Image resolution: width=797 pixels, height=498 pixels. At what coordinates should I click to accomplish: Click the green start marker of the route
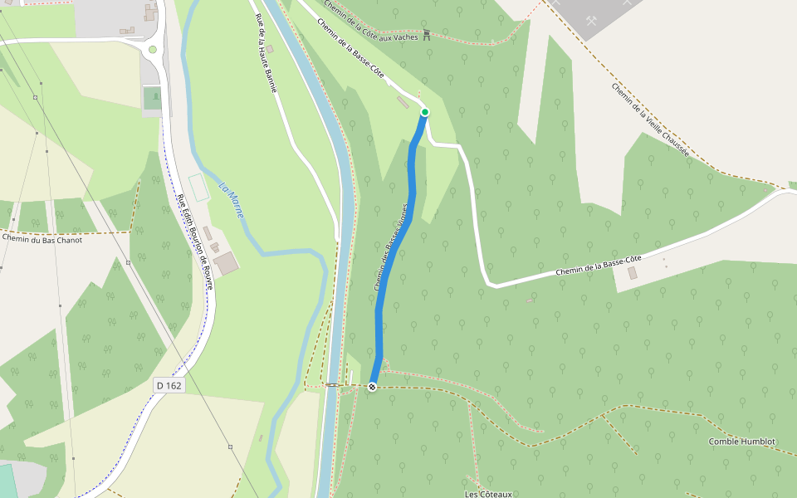pos(425,112)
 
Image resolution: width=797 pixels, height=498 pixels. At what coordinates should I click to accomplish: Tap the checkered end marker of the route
pos(372,387)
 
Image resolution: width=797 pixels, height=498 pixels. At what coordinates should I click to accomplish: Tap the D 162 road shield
pos(169,386)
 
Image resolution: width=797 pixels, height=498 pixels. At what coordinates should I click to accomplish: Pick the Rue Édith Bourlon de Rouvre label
pos(195,241)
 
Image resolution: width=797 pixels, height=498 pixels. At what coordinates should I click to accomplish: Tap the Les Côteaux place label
pos(488,494)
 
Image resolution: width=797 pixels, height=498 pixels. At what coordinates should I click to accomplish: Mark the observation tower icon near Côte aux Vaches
pos(427,34)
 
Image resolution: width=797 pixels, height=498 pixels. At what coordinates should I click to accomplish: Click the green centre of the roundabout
pos(153,50)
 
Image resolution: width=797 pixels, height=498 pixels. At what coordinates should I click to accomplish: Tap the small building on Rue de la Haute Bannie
pos(270,49)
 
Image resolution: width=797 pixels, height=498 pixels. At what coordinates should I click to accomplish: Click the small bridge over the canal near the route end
pos(332,385)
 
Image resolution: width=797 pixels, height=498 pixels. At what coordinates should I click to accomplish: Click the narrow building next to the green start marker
pos(403,102)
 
